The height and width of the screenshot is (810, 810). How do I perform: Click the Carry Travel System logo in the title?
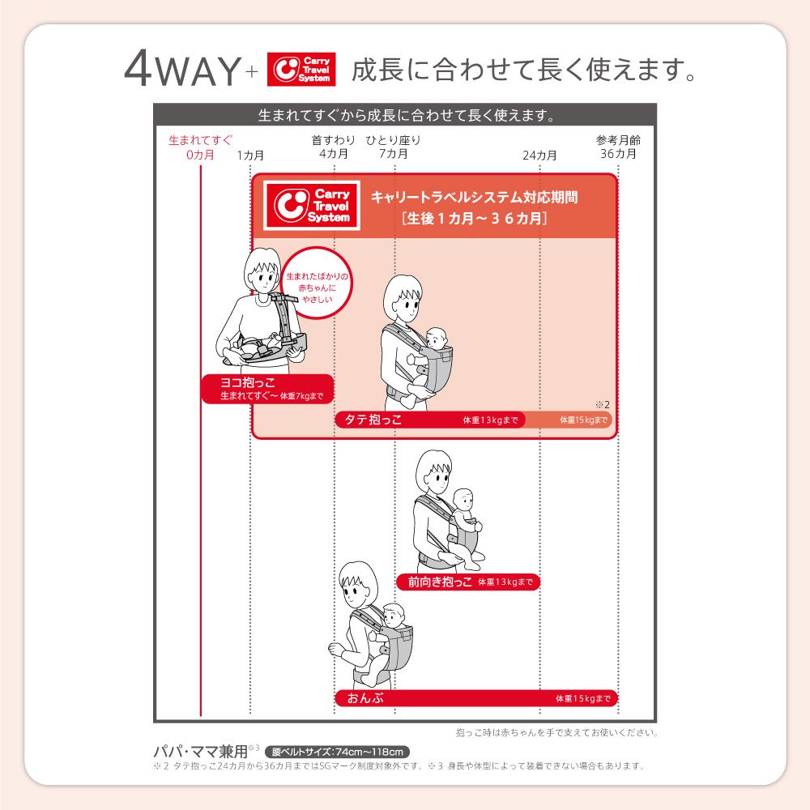301,69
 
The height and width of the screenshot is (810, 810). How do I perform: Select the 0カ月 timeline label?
200,155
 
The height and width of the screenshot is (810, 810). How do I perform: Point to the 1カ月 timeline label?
250,155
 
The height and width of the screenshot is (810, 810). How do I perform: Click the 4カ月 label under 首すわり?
334,153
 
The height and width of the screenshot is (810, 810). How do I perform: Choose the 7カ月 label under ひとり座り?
394,153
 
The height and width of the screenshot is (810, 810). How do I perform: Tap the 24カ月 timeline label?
539,155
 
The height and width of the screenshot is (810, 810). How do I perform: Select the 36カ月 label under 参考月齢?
618,153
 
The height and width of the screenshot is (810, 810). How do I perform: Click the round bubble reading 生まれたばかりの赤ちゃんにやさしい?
318,283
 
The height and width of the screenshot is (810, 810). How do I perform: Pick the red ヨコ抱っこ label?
267,389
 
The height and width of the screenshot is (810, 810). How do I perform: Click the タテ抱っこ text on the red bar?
373,420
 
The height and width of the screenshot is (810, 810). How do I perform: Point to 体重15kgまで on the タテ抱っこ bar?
584,420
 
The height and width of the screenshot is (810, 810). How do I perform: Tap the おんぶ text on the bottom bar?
366,698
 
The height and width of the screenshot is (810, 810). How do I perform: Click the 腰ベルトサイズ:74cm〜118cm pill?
337,752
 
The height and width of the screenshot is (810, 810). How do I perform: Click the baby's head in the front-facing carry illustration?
463,501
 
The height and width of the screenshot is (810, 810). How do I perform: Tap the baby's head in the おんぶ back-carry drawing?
394,616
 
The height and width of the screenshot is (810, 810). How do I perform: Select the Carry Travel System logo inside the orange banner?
312,206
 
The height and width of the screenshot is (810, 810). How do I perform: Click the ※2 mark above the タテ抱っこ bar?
603,404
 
